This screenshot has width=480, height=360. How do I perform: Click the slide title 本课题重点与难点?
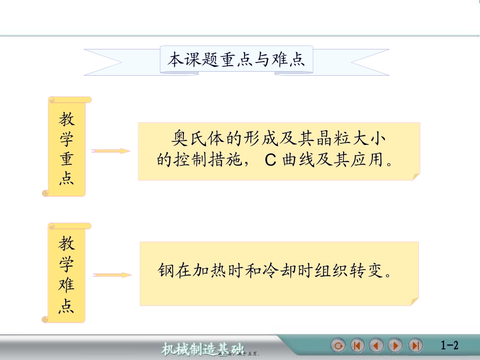click(x=236, y=61)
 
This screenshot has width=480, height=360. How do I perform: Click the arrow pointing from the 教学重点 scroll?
click(x=111, y=151)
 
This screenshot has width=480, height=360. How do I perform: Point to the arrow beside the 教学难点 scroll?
click(x=112, y=275)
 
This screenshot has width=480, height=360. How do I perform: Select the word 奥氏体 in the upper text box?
click(x=196, y=137)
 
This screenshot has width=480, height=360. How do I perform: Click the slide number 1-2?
click(x=449, y=346)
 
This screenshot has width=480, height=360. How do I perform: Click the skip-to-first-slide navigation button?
click(x=357, y=346)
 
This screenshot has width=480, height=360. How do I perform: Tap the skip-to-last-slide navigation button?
click(x=415, y=346)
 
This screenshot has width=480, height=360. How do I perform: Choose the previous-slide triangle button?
click(x=376, y=346)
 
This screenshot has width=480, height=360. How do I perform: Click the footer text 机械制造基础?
click(x=202, y=349)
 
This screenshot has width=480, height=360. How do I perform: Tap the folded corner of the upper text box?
click(x=415, y=176)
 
